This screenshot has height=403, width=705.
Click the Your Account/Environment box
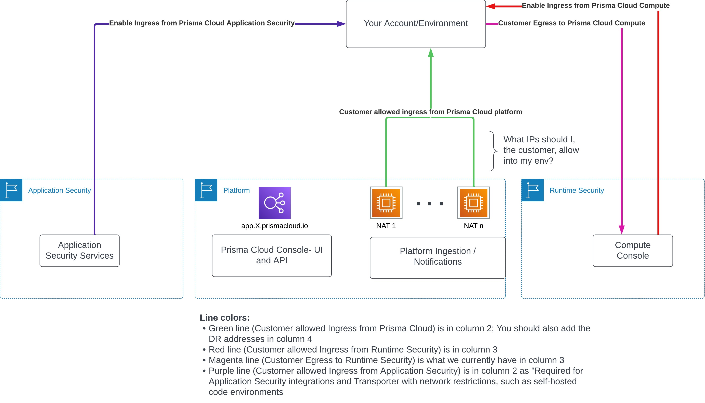click(416, 24)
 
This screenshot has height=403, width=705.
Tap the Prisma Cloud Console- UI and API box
click(272, 256)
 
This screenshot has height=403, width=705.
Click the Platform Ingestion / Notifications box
click(438, 258)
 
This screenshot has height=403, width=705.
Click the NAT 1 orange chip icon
click(386, 203)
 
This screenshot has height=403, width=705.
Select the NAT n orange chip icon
click(473, 203)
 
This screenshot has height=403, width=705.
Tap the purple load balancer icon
click(274, 203)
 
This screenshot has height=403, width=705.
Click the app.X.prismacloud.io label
click(274, 226)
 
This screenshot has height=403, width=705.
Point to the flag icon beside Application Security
click(11, 190)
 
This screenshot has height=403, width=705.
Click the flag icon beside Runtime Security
click(532, 190)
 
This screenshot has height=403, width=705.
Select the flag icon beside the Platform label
click(206, 190)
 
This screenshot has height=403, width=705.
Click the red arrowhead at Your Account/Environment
click(490, 6)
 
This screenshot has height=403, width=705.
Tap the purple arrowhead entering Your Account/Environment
click(341, 24)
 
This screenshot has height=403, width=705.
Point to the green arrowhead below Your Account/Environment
click(431, 53)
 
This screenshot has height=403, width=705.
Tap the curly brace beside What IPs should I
click(494, 151)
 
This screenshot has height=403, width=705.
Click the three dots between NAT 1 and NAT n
click(430, 204)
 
